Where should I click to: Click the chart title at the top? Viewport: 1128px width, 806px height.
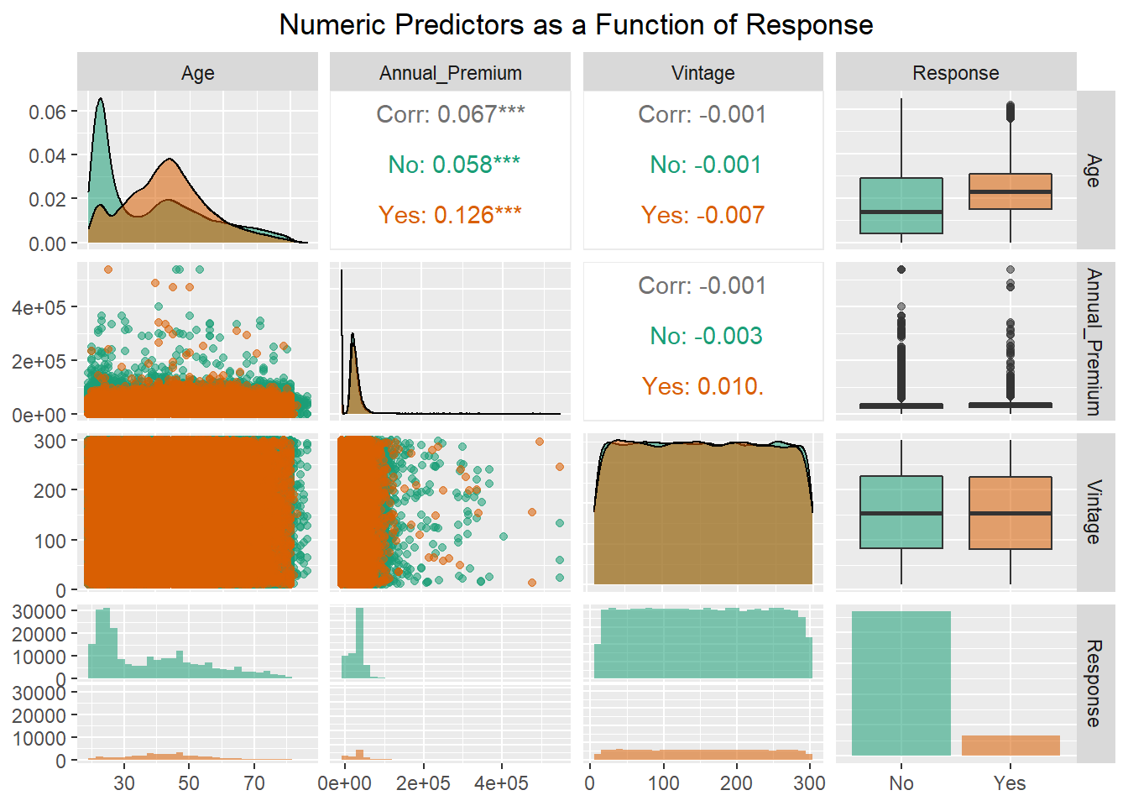tap(576, 25)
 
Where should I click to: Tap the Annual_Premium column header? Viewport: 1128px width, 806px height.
tap(450, 73)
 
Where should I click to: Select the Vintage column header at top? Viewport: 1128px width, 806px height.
tap(702, 73)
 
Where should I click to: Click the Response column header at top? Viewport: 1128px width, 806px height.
tap(955, 73)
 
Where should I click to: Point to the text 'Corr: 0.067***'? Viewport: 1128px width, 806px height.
tap(450, 114)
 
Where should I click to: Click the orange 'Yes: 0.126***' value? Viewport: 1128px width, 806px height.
tap(450, 215)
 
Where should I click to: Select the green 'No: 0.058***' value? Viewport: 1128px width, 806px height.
tap(453, 165)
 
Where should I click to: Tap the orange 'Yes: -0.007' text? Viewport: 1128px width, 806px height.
tap(702, 215)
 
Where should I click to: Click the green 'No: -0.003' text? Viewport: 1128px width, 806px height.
tap(706, 336)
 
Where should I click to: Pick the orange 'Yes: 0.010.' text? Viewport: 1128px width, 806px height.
tap(702, 386)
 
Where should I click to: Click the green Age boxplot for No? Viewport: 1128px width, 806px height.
tap(901, 205)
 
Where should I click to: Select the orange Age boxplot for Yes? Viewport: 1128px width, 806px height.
tap(1010, 191)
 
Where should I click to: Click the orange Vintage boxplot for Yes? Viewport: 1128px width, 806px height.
tap(1010, 513)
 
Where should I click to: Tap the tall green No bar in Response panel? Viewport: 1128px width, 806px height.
tap(901, 683)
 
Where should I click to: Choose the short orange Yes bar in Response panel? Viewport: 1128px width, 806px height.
tap(1010, 745)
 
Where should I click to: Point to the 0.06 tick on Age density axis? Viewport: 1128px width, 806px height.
tap(47, 112)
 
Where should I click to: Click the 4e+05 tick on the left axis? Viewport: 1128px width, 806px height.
tap(39, 307)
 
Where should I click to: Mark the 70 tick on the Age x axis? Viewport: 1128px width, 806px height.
tap(253, 783)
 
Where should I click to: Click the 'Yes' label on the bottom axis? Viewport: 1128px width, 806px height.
tap(1010, 783)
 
